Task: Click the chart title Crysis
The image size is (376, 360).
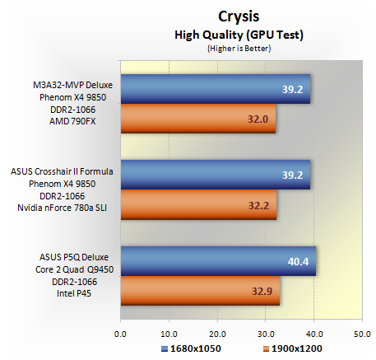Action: [x=239, y=16]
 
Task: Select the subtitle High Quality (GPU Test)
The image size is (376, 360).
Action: [x=239, y=35]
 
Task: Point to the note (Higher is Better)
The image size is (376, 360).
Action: [x=239, y=49]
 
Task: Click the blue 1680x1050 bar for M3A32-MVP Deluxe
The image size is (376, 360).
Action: [x=216, y=89]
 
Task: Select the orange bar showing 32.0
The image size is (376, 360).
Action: [x=198, y=119]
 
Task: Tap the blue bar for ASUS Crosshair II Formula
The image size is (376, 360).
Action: [x=216, y=175]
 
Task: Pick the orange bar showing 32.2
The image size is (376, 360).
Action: [x=199, y=205]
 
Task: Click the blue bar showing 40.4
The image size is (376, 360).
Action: [x=219, y=261]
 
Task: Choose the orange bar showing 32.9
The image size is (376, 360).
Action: [x=201, y=291]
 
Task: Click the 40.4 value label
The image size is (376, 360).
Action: [x=298, y=262]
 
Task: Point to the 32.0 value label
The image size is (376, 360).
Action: [x=258, y=119]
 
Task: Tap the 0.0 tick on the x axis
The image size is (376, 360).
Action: [x=120, y=334]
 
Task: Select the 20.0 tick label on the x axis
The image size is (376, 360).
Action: [x=217, y=334]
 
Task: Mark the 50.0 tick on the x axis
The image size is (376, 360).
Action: [x=362, y=334]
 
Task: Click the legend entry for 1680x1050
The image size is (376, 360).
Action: [x=191, y=348]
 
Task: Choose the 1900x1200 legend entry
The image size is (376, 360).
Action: [x=293, y=348]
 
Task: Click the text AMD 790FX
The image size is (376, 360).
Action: [x=72, y=121]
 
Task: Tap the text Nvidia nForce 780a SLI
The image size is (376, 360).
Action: [x=62, y=208]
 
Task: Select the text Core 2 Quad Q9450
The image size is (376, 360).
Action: [x=74, y=269]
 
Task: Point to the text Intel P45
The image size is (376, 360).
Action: [x=74, y=293]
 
